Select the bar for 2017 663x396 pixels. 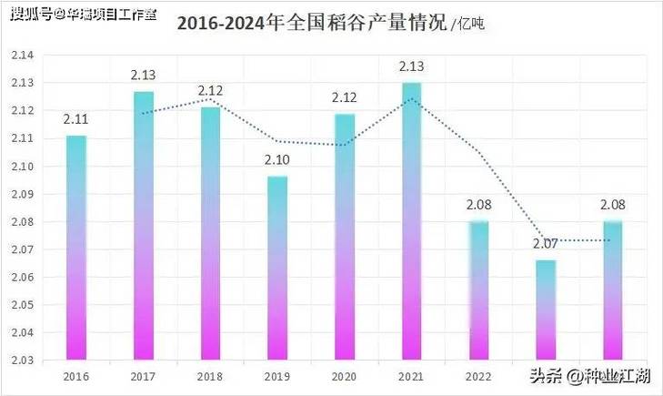[143, 225]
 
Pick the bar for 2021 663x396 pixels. [411, 220]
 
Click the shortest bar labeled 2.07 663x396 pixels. [546, 310]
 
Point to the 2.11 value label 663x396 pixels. [75, 119]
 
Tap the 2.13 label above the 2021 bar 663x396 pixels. [411, 66]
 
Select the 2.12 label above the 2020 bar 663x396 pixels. [345, 97]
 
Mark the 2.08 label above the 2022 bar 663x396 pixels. [478, 205]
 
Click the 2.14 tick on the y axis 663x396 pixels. [22, 56]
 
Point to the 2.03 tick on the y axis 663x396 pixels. [22, 360]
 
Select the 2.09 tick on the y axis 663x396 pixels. [22, 194]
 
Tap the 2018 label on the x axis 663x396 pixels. [210, 375]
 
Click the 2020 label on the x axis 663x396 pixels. [345, 375]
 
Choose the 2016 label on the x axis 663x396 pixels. [75, 375]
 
